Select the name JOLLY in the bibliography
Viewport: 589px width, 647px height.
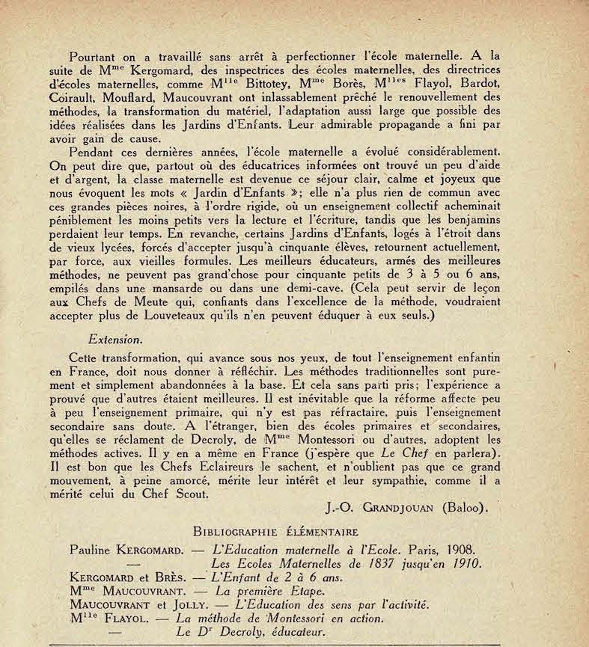pos(174,604)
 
